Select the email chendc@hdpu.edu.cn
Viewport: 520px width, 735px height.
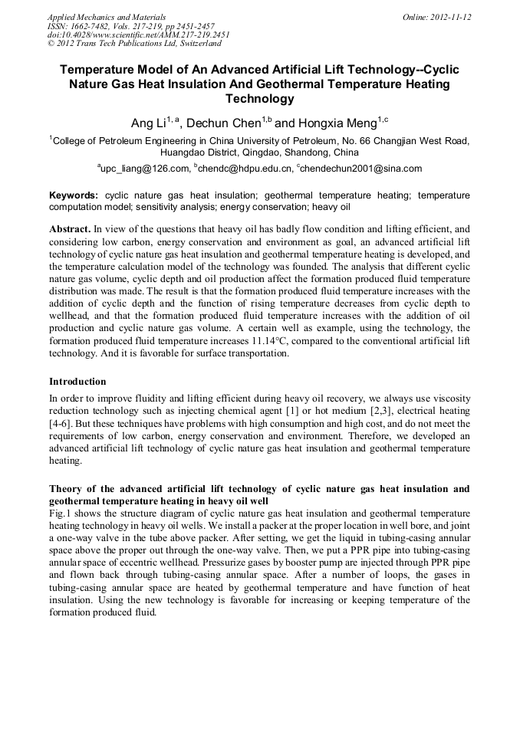click(x=245, y=169)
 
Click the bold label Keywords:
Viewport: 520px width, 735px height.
click(x=74, y=196)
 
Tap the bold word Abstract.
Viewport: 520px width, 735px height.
click(x=69, y=229)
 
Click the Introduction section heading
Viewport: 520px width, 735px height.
click(x=77, y=381)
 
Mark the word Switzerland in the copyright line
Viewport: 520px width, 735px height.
click(x=196, y=44)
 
